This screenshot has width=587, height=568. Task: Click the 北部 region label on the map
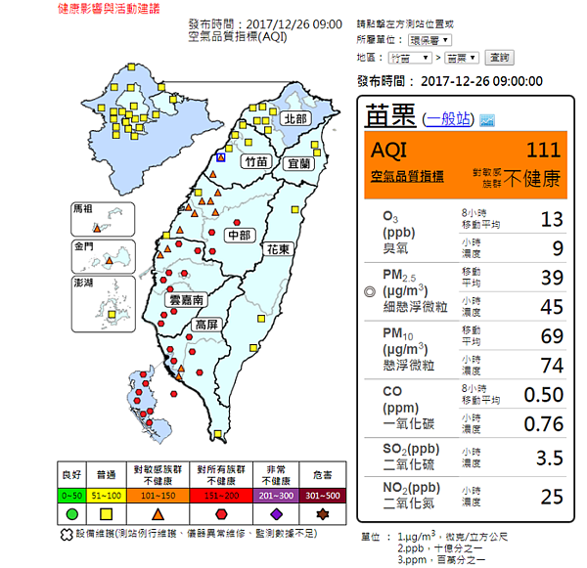[x=294, y=118]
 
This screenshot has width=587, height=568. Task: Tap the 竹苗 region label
[x=256, y=162]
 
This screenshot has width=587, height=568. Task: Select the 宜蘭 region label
[x=298, y=164]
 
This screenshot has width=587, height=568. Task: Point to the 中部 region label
[x=240, y=236]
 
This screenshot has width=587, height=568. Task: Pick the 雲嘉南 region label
[x=187, y=300]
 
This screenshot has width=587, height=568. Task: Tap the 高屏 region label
[x=206, y=325]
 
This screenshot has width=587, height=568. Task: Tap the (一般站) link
[x=449, y=118]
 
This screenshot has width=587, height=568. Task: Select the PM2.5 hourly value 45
[x=552, y=307]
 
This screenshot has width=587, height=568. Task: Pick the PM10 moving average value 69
[x=552, y=336]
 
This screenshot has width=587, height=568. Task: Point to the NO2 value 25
[x=552, y=498]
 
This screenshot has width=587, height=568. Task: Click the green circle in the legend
[x=72, y=513]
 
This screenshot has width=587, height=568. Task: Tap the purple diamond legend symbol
[x=277, y=513]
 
